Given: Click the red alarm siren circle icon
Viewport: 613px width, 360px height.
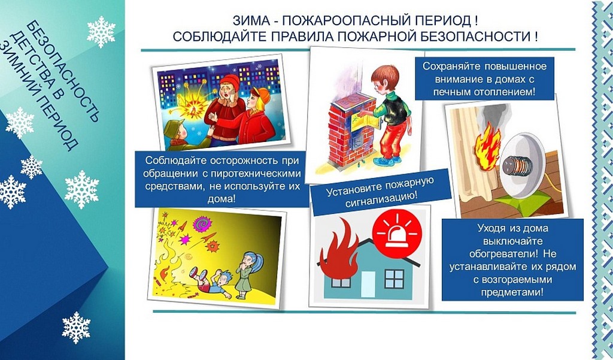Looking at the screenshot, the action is pos(397,233).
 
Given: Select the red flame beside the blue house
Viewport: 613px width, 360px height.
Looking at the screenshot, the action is pos(339,250).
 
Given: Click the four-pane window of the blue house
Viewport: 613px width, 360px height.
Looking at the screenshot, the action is pos(394,279).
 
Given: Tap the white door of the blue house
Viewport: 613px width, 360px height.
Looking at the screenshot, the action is pos(368,284).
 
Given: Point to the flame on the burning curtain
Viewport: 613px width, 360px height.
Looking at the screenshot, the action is pos(487,146).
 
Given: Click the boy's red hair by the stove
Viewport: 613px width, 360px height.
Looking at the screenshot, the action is pos(385,75).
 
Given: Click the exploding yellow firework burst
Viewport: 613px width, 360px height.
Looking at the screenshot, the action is pos(192,104).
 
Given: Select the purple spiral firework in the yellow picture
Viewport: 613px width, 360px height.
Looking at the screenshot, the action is pos(202,225).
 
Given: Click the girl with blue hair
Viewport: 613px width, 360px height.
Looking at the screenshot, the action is pos(248,276).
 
